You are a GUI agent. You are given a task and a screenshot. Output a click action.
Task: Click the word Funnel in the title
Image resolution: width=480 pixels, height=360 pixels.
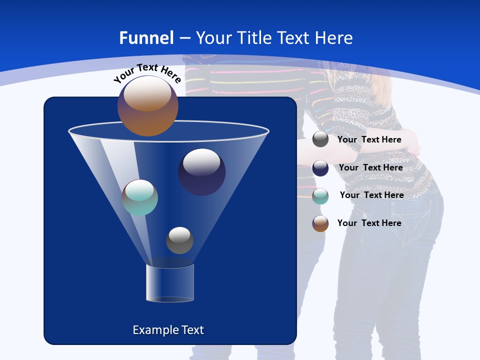(x=146, y=38)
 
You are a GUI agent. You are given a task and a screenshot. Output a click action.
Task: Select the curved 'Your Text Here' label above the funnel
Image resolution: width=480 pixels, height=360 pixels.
(x=147, y=73)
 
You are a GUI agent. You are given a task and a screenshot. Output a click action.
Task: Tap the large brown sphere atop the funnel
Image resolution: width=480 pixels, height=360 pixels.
(x=147, y=106)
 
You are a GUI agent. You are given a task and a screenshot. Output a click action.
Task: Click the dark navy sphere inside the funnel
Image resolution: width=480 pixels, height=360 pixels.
(x=201, y=172)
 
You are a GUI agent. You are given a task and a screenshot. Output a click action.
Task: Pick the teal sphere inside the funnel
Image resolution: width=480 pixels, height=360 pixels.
(x=139, y=197)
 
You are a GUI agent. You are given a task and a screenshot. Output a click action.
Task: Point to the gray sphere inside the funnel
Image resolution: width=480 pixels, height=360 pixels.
(x=179, y=240)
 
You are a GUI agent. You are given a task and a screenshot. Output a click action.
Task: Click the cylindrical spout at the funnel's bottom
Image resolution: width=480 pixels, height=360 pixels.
(x=170, y=283)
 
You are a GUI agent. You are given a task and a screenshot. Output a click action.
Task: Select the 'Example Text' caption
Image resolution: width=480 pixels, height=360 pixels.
(x=168, y=330)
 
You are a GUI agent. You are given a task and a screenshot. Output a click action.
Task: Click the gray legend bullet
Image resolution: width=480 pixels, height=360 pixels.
(x=320, y=139)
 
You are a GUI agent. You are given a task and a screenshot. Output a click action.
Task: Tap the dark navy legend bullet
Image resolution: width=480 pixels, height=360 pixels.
(x=320, y=168)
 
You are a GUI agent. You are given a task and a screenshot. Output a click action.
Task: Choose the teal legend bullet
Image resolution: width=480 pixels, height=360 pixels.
(x=320, y=196)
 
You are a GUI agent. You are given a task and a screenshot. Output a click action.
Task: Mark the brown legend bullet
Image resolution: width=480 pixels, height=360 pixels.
(x=320, y=223)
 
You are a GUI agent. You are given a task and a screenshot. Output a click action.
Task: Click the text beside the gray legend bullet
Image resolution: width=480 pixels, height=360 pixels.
(x=369, y=140)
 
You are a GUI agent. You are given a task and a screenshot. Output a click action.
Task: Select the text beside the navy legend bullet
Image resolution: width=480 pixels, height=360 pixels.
(x=370, y=167)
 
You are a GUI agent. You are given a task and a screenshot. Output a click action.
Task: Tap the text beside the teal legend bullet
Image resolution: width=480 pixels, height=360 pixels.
(x=371, y=195)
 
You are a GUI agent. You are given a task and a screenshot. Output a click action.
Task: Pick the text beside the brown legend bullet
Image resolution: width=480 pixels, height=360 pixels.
(x=369, y=223)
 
